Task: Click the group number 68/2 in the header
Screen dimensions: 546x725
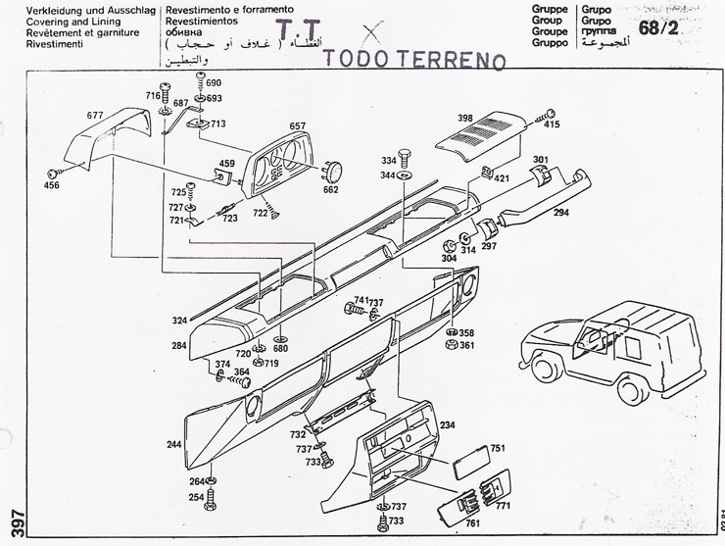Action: [x=657, y=29]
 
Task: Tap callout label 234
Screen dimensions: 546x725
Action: [x=447, y=424]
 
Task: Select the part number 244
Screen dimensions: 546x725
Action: [x=174, y=445]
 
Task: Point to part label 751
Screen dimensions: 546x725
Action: [x=498, y=448]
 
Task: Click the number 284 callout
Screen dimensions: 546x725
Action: [x=178, y=346]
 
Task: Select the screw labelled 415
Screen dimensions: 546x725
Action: [x=552, y=124]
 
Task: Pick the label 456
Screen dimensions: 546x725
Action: [x=52, y=185]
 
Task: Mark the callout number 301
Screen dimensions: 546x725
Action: [x=540, y=160]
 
